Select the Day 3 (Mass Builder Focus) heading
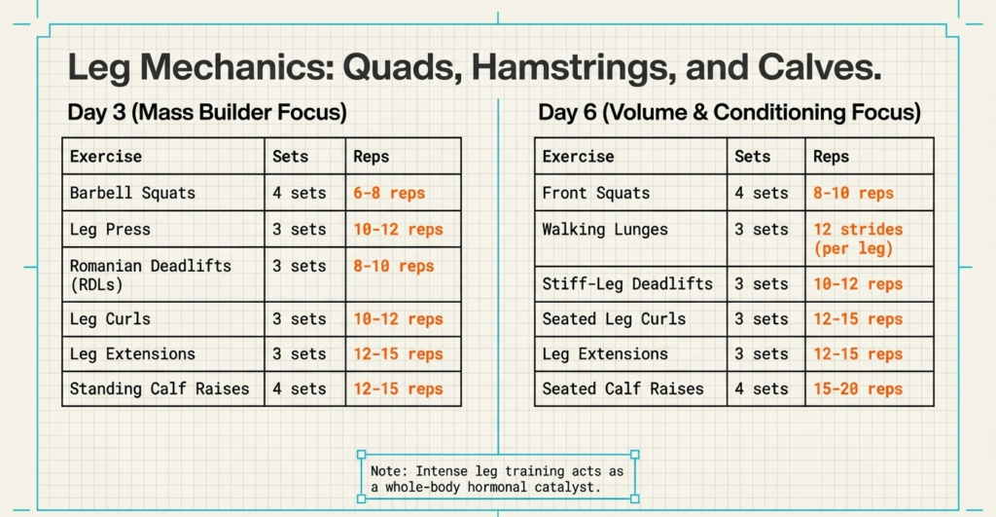point(207,112)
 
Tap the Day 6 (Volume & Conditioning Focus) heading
point(729,112)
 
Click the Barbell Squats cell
point(132,193)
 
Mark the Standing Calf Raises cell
point(160,388)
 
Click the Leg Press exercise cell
point(110,230)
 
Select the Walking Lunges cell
point(605,230)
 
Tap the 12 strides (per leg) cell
point(858,239)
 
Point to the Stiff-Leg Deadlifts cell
point(627,284)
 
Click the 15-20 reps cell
point(858,388)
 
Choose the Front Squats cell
point(596,193)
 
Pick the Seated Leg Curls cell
point(614,319)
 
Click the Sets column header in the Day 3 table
point(291,156)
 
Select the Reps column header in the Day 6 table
point(832,156)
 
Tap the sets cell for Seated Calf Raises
point(762,388)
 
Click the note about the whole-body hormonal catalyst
point(497,477)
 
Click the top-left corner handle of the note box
point(362,455)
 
